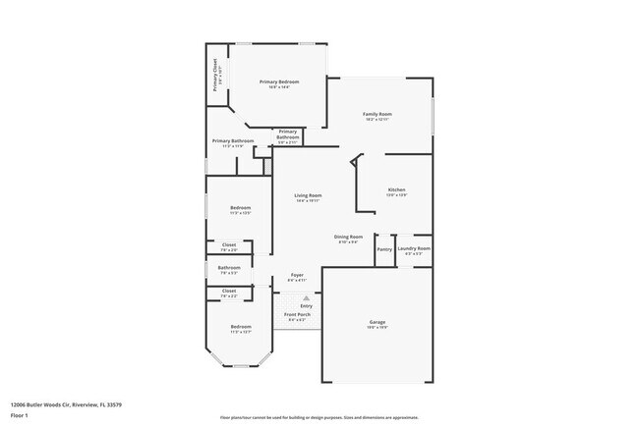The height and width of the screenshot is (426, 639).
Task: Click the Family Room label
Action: click(378, 115)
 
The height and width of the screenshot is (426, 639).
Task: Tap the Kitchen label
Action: click(396, 190)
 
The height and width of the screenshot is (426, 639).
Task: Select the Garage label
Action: click(377, 323)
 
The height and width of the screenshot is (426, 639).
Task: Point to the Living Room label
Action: click(309, 196)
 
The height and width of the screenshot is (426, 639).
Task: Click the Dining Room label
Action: click(349, 238)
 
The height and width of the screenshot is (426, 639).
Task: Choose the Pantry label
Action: click(384, 249)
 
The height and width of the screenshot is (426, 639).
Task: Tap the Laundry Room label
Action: click(414, 249)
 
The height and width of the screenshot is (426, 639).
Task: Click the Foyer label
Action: click(296, 276)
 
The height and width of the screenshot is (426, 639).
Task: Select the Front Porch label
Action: click(297, 316)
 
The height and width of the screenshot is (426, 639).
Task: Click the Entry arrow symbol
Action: click(306, 296)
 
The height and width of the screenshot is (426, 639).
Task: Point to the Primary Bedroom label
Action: click(278, 82)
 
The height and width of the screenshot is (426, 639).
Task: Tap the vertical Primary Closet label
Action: click(215, 75)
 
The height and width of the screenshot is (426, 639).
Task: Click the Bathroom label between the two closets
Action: click(229, 268)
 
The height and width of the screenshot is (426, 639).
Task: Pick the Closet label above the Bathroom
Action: click(228, 245)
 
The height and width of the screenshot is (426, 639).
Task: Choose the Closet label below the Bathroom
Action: click(228, 292)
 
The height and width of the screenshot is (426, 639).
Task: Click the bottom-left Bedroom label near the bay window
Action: click(241, 328)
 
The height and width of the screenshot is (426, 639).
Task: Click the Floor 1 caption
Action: click(20, 415)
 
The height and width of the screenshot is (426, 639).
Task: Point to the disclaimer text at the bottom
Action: click(319, 417)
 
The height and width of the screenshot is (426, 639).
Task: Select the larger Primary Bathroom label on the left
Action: click(234, 141)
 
